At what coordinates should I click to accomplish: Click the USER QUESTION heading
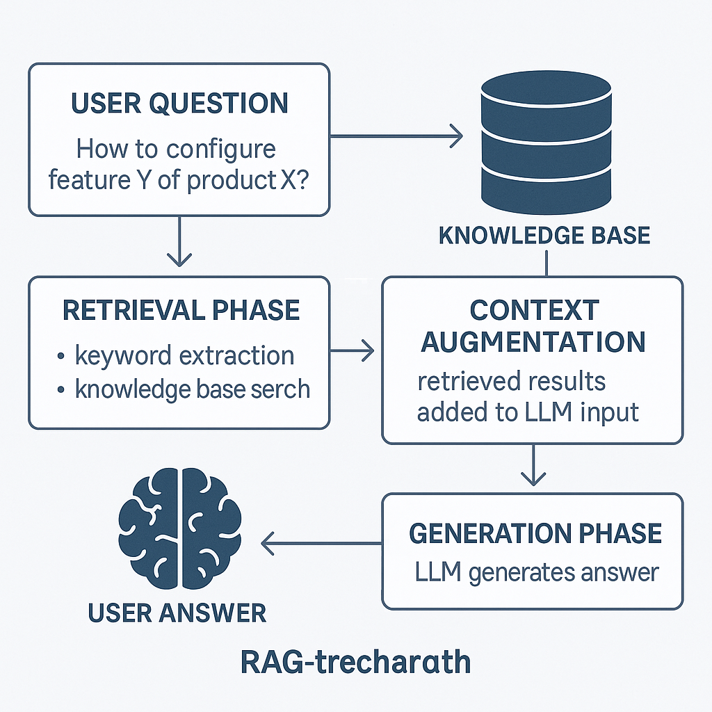coord(180,103)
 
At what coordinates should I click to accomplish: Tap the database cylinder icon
coord(546,142)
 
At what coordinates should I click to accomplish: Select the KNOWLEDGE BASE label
coord(544,235)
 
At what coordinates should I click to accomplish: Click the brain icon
coord(180,528)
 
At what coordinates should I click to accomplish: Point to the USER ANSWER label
coord(177,613)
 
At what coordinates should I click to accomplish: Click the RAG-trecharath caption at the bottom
coord(355,662)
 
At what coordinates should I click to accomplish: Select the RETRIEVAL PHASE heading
coord(181,311)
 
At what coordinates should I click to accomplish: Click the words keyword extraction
coord(185,355)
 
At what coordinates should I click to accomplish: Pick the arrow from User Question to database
coord(396,136)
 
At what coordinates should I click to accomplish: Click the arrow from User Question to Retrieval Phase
coord(179,241)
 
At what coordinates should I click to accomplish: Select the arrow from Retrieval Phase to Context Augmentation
coord(352,350)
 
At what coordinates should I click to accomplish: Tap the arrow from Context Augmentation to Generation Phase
coord(533,465)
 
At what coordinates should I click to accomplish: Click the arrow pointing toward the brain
coord(321,543)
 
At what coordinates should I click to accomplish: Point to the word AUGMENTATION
coord(533,341)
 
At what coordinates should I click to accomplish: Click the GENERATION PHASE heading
coord(535,533)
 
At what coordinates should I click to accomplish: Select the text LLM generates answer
coord(537,573)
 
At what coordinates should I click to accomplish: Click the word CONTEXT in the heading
coord(535,310)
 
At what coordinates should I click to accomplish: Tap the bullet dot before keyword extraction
coord(61,356)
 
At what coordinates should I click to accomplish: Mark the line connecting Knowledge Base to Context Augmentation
coord(547,264)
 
